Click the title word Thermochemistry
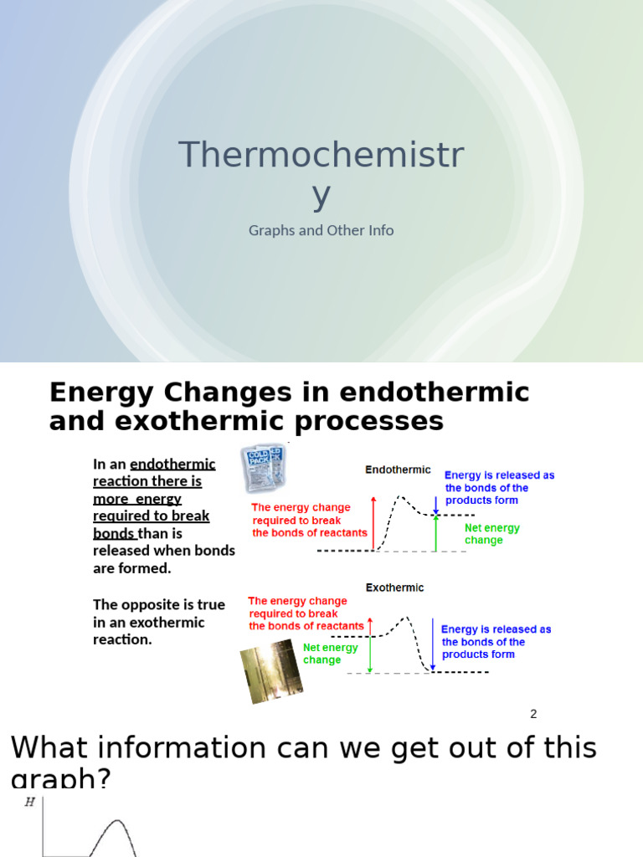(321, 156)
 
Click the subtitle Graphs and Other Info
(321, 230)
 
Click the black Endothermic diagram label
(398, 470)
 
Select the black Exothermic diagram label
(394, 588)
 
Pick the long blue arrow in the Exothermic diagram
(433, 644)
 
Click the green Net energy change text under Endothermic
(492, 534)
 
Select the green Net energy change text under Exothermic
(330, 654)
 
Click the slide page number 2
(533, 714)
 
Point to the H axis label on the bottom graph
(30, 802)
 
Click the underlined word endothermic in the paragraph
(172, 464)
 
